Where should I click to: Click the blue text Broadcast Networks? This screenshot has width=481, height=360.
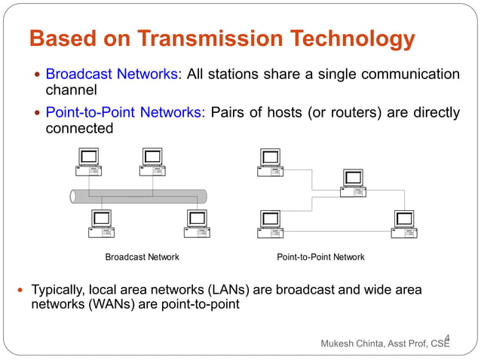[x=112, y=75]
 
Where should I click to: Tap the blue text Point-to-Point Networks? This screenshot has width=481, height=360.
[x=125, y=113]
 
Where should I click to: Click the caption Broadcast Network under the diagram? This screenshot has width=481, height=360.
[x=142, y=258]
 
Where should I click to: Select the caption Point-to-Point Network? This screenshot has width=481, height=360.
[x=320, y=258]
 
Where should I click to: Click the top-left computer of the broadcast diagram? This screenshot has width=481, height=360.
[x=90, y=161]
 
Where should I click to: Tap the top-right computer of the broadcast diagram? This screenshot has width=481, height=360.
[x=153, y=161]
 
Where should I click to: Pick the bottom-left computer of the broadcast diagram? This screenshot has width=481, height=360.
[x=102, y=224]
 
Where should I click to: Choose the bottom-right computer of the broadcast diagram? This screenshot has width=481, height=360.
[x=197, y=224]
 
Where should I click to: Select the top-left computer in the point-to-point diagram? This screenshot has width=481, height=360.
[x=270, y=162]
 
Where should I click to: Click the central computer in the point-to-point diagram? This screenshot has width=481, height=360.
[x=353, y=183]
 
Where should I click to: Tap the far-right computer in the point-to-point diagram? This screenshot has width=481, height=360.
[x=403, y=224]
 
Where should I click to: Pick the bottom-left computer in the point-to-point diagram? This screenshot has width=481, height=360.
[x=270, y=224]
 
